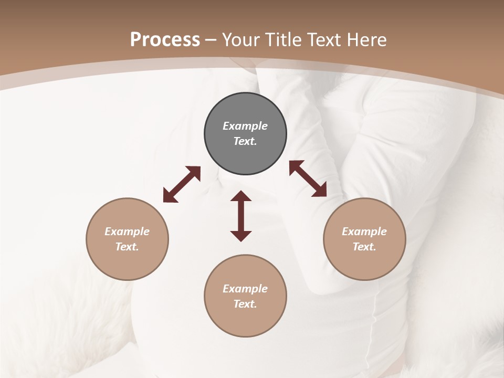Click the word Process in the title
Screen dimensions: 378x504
point(165,40)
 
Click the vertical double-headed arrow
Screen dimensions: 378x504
point(241,216)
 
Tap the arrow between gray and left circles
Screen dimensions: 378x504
point(182,184)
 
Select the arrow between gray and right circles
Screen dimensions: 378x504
point(308,178)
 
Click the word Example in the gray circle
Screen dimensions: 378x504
point(245,126)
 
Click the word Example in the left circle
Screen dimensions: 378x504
point(127,232)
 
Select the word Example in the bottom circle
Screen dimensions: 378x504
point(245,289)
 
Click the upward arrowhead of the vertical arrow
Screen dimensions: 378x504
point(241,197)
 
